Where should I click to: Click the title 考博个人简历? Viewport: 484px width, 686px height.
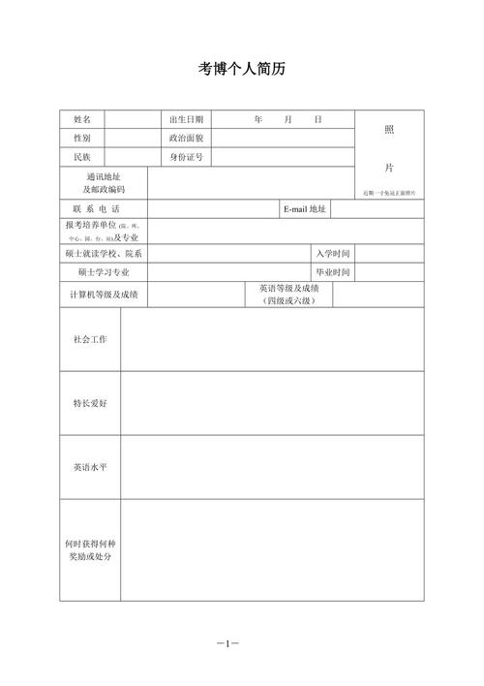242,70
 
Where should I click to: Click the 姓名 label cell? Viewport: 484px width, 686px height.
82,119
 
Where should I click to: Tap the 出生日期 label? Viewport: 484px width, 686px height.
186,119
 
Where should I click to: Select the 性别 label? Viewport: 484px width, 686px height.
82,138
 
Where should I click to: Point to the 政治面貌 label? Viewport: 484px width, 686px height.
186,138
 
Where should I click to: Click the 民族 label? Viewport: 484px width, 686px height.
82,157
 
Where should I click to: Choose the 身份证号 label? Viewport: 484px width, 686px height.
186,157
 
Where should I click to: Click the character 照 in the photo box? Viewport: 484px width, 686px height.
389,129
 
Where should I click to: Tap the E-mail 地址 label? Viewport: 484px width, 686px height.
305,209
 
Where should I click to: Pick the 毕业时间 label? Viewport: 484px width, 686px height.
333,272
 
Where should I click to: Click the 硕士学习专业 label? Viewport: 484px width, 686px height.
104,272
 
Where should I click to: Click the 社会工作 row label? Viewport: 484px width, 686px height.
90,340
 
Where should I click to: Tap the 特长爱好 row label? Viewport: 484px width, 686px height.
90,403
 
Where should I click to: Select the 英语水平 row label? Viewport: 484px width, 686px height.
90,467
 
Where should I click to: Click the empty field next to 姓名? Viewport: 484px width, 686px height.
133,119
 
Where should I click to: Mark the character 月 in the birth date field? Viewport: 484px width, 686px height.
287,119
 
